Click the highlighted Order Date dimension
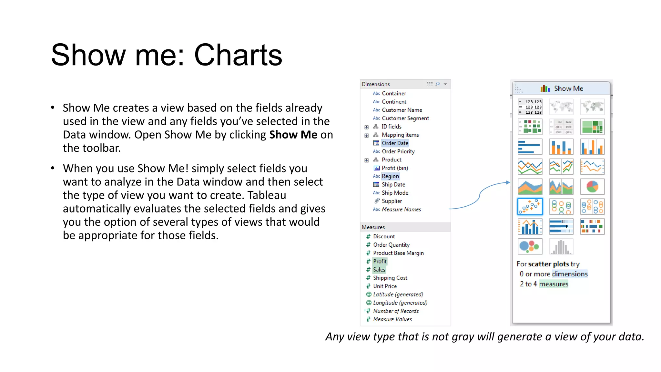pos(395,143)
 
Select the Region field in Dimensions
pos(390,176)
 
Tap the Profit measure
pos(380,261)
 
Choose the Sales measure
pos(379,270)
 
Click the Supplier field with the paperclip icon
pos(392,201)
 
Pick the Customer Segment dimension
pos(405,118)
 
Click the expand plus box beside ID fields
pos(366,127)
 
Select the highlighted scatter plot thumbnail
pos(530,207)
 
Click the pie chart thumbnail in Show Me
pos(592,187)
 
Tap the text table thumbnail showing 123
pos(530,107)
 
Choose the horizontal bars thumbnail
pos(530,147)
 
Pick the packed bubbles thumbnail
pos(530,247)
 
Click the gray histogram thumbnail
pos(561,247)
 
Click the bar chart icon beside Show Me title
pos(545,88)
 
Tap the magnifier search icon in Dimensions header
pos(437,84)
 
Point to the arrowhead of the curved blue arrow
pos(508,182)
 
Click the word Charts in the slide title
pos(238,55)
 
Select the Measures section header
pos(373,227)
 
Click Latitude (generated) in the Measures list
pos(398,294)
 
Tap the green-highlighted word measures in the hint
pos(554,284)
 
